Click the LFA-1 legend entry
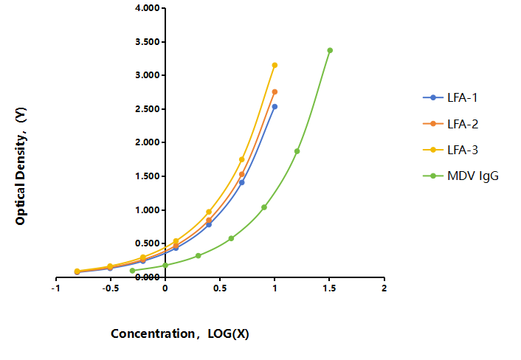(450, 97)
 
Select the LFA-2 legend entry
(451, 124)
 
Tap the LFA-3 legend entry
(451, 150)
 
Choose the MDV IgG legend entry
(461, 176)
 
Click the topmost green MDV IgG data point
(330, 50)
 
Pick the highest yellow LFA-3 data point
(275, 65)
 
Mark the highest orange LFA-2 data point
(275, 92)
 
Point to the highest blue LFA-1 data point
(275, 107)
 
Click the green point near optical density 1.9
(297, 151)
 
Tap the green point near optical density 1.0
(264, 207)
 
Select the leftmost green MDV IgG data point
(133, 271)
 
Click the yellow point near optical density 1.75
(242, 159)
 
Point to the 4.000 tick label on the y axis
(148, 8)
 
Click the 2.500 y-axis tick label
(148, 109)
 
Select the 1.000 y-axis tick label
(148, 210)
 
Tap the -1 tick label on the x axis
(56, 288)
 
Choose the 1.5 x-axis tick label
(329, 288)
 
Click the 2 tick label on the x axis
(384, 288)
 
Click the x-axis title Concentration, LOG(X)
(180, 333)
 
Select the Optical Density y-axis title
(21, 166)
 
